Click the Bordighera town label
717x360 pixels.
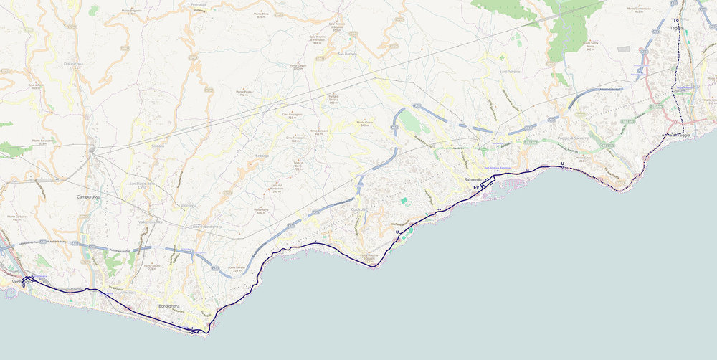pos(169,306)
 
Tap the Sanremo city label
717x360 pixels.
pos(473,179)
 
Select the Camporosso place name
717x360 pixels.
pos(92,196)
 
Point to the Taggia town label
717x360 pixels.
pos(676,28)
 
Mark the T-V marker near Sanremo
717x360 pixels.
pos(475,187)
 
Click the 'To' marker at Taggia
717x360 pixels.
pos(675,20)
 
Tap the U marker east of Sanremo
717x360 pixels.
pos(563,164)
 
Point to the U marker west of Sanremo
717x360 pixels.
pos(397,232)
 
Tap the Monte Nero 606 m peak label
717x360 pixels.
pos(261,210)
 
